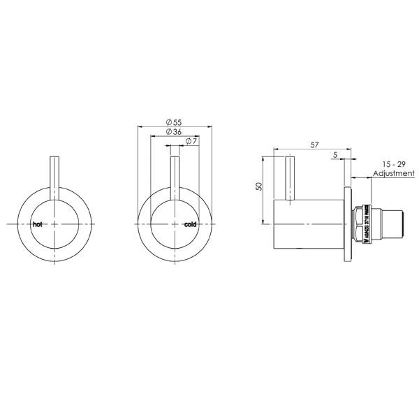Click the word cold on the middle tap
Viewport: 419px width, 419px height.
pyautogui.click(x=191, y=225)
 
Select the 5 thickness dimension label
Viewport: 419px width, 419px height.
pyautogui.click(x=335, y=155)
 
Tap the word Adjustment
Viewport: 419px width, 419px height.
pyautogui.click(x=394, y=172)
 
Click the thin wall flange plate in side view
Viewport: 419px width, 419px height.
pyautogui.click(x=348, y=223)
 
